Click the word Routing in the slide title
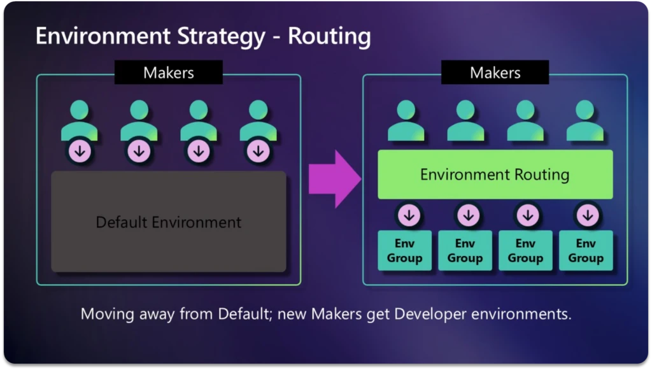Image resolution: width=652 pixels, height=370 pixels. [x=329, y=36]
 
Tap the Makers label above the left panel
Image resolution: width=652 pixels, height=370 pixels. [x=169, y=73]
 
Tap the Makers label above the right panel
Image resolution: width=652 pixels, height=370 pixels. [x=495, y=73]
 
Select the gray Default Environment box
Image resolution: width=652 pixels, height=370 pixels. [x=169, y=222]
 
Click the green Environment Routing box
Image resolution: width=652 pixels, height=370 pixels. [x=495, y=174]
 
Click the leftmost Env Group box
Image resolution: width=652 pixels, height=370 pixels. [x=405, y=251]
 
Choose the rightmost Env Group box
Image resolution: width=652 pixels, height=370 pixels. [x=586, y=251]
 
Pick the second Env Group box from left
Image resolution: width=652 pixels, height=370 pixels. [x=465, y=251]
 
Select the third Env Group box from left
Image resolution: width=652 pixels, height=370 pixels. [x=525, y=251]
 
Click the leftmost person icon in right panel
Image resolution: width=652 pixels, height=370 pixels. [x=406, y=121]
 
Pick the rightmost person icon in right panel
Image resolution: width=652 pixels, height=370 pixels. [x=585, y=121]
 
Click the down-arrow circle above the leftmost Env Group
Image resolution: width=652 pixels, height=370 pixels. [x=409, y=215]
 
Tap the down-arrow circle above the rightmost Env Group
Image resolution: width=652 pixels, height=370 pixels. [x=586, y=215]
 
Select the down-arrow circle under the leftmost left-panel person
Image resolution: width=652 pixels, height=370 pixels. [x=80, y=152]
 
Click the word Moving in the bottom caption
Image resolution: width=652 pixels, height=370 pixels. [x=104, y=315]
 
